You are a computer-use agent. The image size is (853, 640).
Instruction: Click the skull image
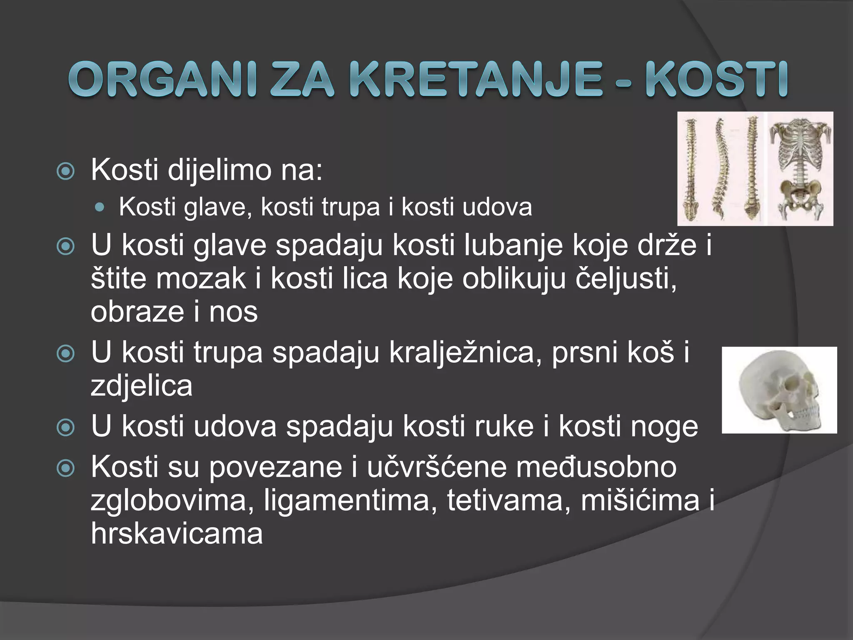[x=779, y=390]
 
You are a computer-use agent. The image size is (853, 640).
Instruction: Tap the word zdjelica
[x=142, y=386]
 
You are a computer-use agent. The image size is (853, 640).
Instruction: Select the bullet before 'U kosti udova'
[x=65, y=427]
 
